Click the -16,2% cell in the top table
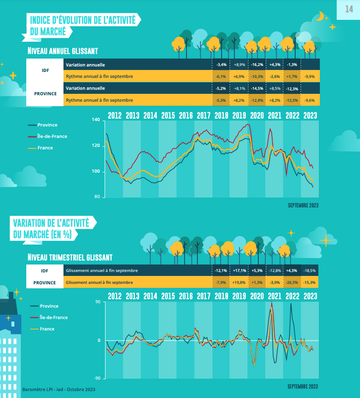click(x=257, y=65)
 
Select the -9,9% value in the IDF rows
click(x=310, y=76)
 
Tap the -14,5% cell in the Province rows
click(x=257, y=88)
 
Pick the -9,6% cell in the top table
click(x=310, y=100)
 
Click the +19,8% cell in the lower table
click(x=240, y=282)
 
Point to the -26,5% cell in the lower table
click(x=292, y=282)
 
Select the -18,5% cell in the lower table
click(x=310, y=270)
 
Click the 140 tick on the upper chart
click(x=96, y=120)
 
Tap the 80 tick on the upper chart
click(x=97, y=197)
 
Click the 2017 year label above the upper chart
click(x=203, y=115)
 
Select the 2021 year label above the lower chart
click(x=274, y=296)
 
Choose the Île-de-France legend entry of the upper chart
click(x=52, y=136)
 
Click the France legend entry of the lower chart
click(x=47, y=329)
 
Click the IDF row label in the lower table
click(x=45, y=270)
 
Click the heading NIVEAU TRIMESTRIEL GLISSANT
click(x=70, y=258)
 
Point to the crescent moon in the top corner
click(x=321, y=16)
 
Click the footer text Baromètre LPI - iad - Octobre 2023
click(x=59, y=390)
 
